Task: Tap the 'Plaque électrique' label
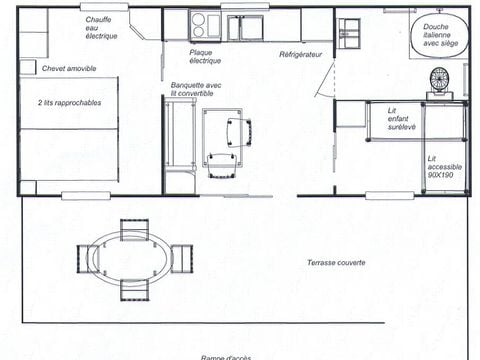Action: coord(205,55)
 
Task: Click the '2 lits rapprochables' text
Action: coord(69,102)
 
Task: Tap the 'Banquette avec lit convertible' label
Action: coord(195,89)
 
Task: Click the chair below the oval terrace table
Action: coord(134,289)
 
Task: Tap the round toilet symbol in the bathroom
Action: coord(440,80)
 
